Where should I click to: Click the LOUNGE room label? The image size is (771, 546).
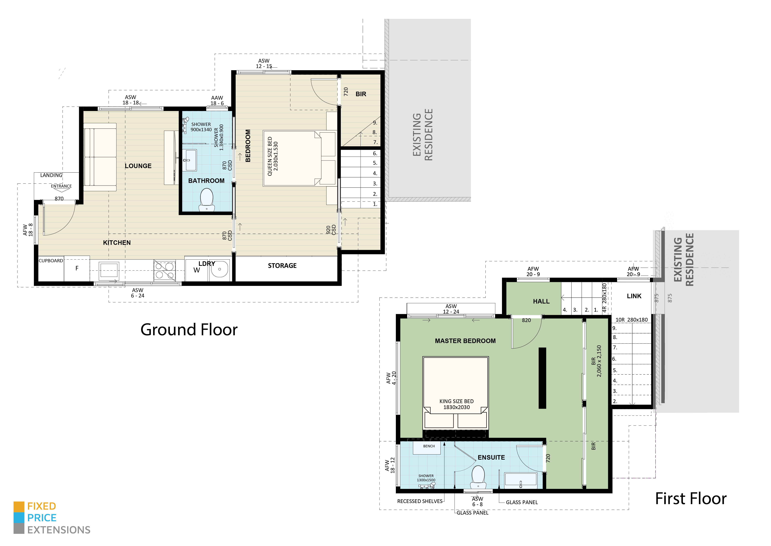138,166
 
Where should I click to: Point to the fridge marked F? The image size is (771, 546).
77,268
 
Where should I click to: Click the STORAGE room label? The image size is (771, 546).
282,266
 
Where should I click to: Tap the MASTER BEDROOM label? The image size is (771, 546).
465,341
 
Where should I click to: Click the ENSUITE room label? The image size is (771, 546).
491,458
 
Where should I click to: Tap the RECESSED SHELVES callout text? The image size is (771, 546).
420,501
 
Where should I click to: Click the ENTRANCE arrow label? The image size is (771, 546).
61,186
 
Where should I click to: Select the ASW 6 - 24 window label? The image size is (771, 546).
137,293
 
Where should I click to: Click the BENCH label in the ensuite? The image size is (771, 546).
429,446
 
